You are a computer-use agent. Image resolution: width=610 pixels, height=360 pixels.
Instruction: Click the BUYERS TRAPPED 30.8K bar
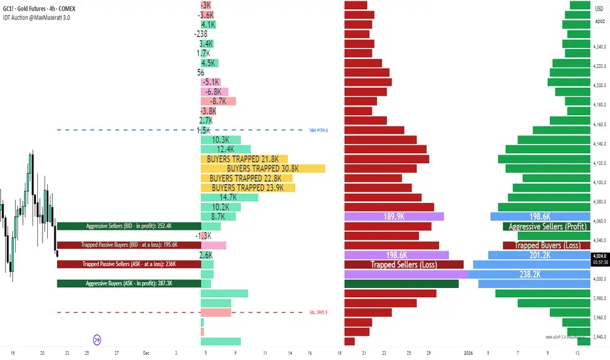(x=262, y=168)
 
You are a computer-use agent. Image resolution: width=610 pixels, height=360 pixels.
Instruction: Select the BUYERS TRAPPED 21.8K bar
(x=243, y=159)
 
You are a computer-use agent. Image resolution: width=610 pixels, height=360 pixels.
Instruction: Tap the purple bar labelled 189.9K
(x=393, y=217)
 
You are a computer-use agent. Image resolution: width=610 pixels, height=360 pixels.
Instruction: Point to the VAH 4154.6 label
(x=318, y=130)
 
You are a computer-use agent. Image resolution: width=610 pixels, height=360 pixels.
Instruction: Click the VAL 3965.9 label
(x=318, y=312)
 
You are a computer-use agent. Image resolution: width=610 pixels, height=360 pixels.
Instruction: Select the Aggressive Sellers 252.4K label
(x=129, y=226)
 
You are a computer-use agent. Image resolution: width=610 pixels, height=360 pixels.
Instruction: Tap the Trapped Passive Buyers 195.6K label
(x=129, y=245)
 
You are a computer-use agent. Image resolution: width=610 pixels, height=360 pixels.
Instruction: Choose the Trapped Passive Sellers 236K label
(x=129, y=264)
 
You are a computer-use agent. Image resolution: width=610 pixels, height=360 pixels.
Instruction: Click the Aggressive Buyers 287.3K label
(x=129, y=283)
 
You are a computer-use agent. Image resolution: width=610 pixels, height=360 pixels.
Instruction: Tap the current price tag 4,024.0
(x=600, y=256)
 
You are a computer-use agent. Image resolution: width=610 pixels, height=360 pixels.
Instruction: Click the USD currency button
(x=600, y=8)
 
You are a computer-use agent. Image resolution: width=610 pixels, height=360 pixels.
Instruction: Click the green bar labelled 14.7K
(x=228, y=197)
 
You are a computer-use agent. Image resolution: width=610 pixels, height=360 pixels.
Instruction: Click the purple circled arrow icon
(x=97, y=339)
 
